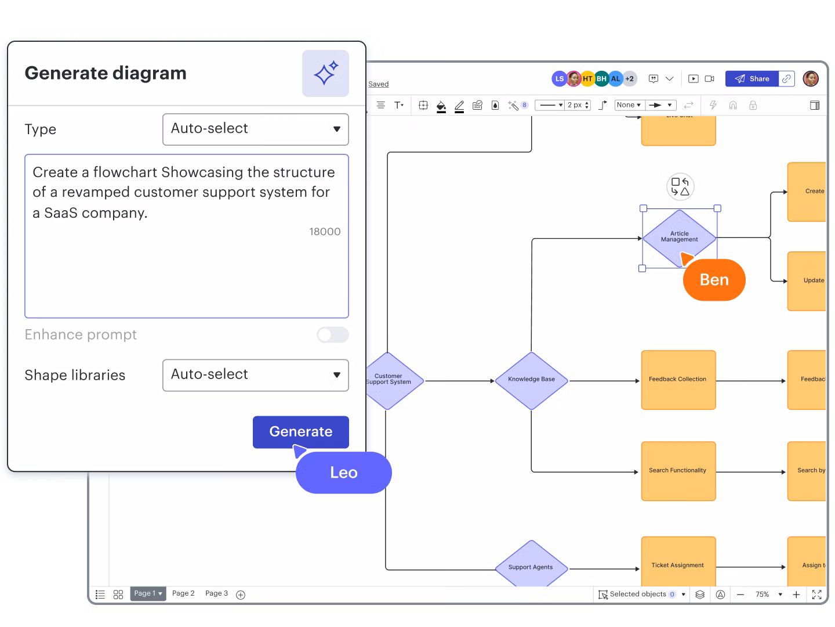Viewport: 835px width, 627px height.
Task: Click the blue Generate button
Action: point(300,432)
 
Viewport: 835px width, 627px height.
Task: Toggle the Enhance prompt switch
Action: point(332,335)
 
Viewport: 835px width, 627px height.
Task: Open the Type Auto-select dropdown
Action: point(255,129)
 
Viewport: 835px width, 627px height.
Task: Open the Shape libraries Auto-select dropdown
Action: point(255,375)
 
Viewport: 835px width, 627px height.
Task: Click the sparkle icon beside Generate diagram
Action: point(325,74)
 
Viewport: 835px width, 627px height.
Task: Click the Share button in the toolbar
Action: point(752,79)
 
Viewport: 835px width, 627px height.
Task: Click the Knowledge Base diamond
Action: point(531,380)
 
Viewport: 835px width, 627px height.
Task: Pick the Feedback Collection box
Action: point(678,380)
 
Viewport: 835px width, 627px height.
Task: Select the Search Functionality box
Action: point(678,471)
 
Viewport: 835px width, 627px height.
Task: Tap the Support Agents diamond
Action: point(531,566)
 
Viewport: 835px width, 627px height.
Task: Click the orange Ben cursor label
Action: point(714,280)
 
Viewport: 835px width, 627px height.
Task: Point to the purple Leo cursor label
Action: point(343,473)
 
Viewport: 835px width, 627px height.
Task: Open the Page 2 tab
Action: point(183,593)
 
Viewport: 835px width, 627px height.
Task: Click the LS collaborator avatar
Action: point(559,79)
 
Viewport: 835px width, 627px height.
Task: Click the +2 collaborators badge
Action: point(629,79)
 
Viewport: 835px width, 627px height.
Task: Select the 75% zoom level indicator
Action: point(762,594)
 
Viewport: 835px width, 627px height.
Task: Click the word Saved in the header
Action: point(378,84)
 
